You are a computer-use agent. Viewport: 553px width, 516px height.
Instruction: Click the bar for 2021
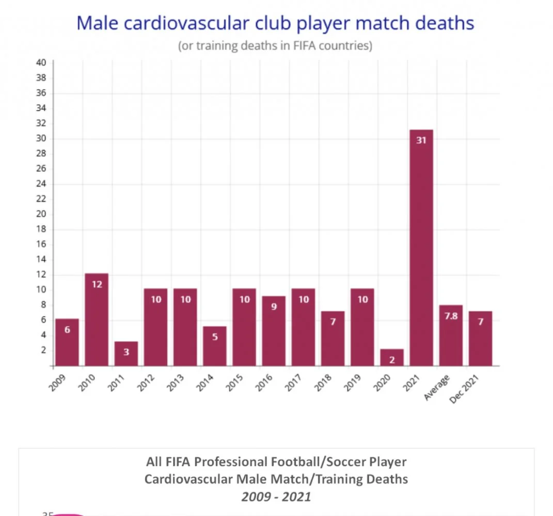click(x=421, y=248)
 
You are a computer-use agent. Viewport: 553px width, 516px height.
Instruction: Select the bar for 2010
click(x=97, y=319)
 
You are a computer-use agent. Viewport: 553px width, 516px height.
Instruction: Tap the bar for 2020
click(x=392, y=358)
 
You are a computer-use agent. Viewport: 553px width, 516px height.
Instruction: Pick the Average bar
click(x=451, y=335)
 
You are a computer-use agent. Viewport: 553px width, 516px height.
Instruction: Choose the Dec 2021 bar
click(x=480, y=338)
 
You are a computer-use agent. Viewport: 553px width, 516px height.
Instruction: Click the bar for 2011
click(x=126, y=353)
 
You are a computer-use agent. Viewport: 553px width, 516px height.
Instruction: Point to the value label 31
click(x=421, y=140)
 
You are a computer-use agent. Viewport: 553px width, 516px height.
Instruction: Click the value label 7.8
click(x=451, y=316)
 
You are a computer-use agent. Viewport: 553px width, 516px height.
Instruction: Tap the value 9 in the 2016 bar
click(x=274, y=307)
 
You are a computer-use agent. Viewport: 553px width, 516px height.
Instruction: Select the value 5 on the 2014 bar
click(x=215, y=336)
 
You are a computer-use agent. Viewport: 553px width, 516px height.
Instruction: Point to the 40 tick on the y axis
click(x=41, y=63)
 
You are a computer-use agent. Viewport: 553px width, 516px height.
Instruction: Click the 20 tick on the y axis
click(x=41, y=214)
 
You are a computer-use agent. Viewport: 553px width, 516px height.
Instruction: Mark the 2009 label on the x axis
click(x=60, y=383)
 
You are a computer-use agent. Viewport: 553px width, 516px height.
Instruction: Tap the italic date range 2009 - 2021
click(x=276, y=496)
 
